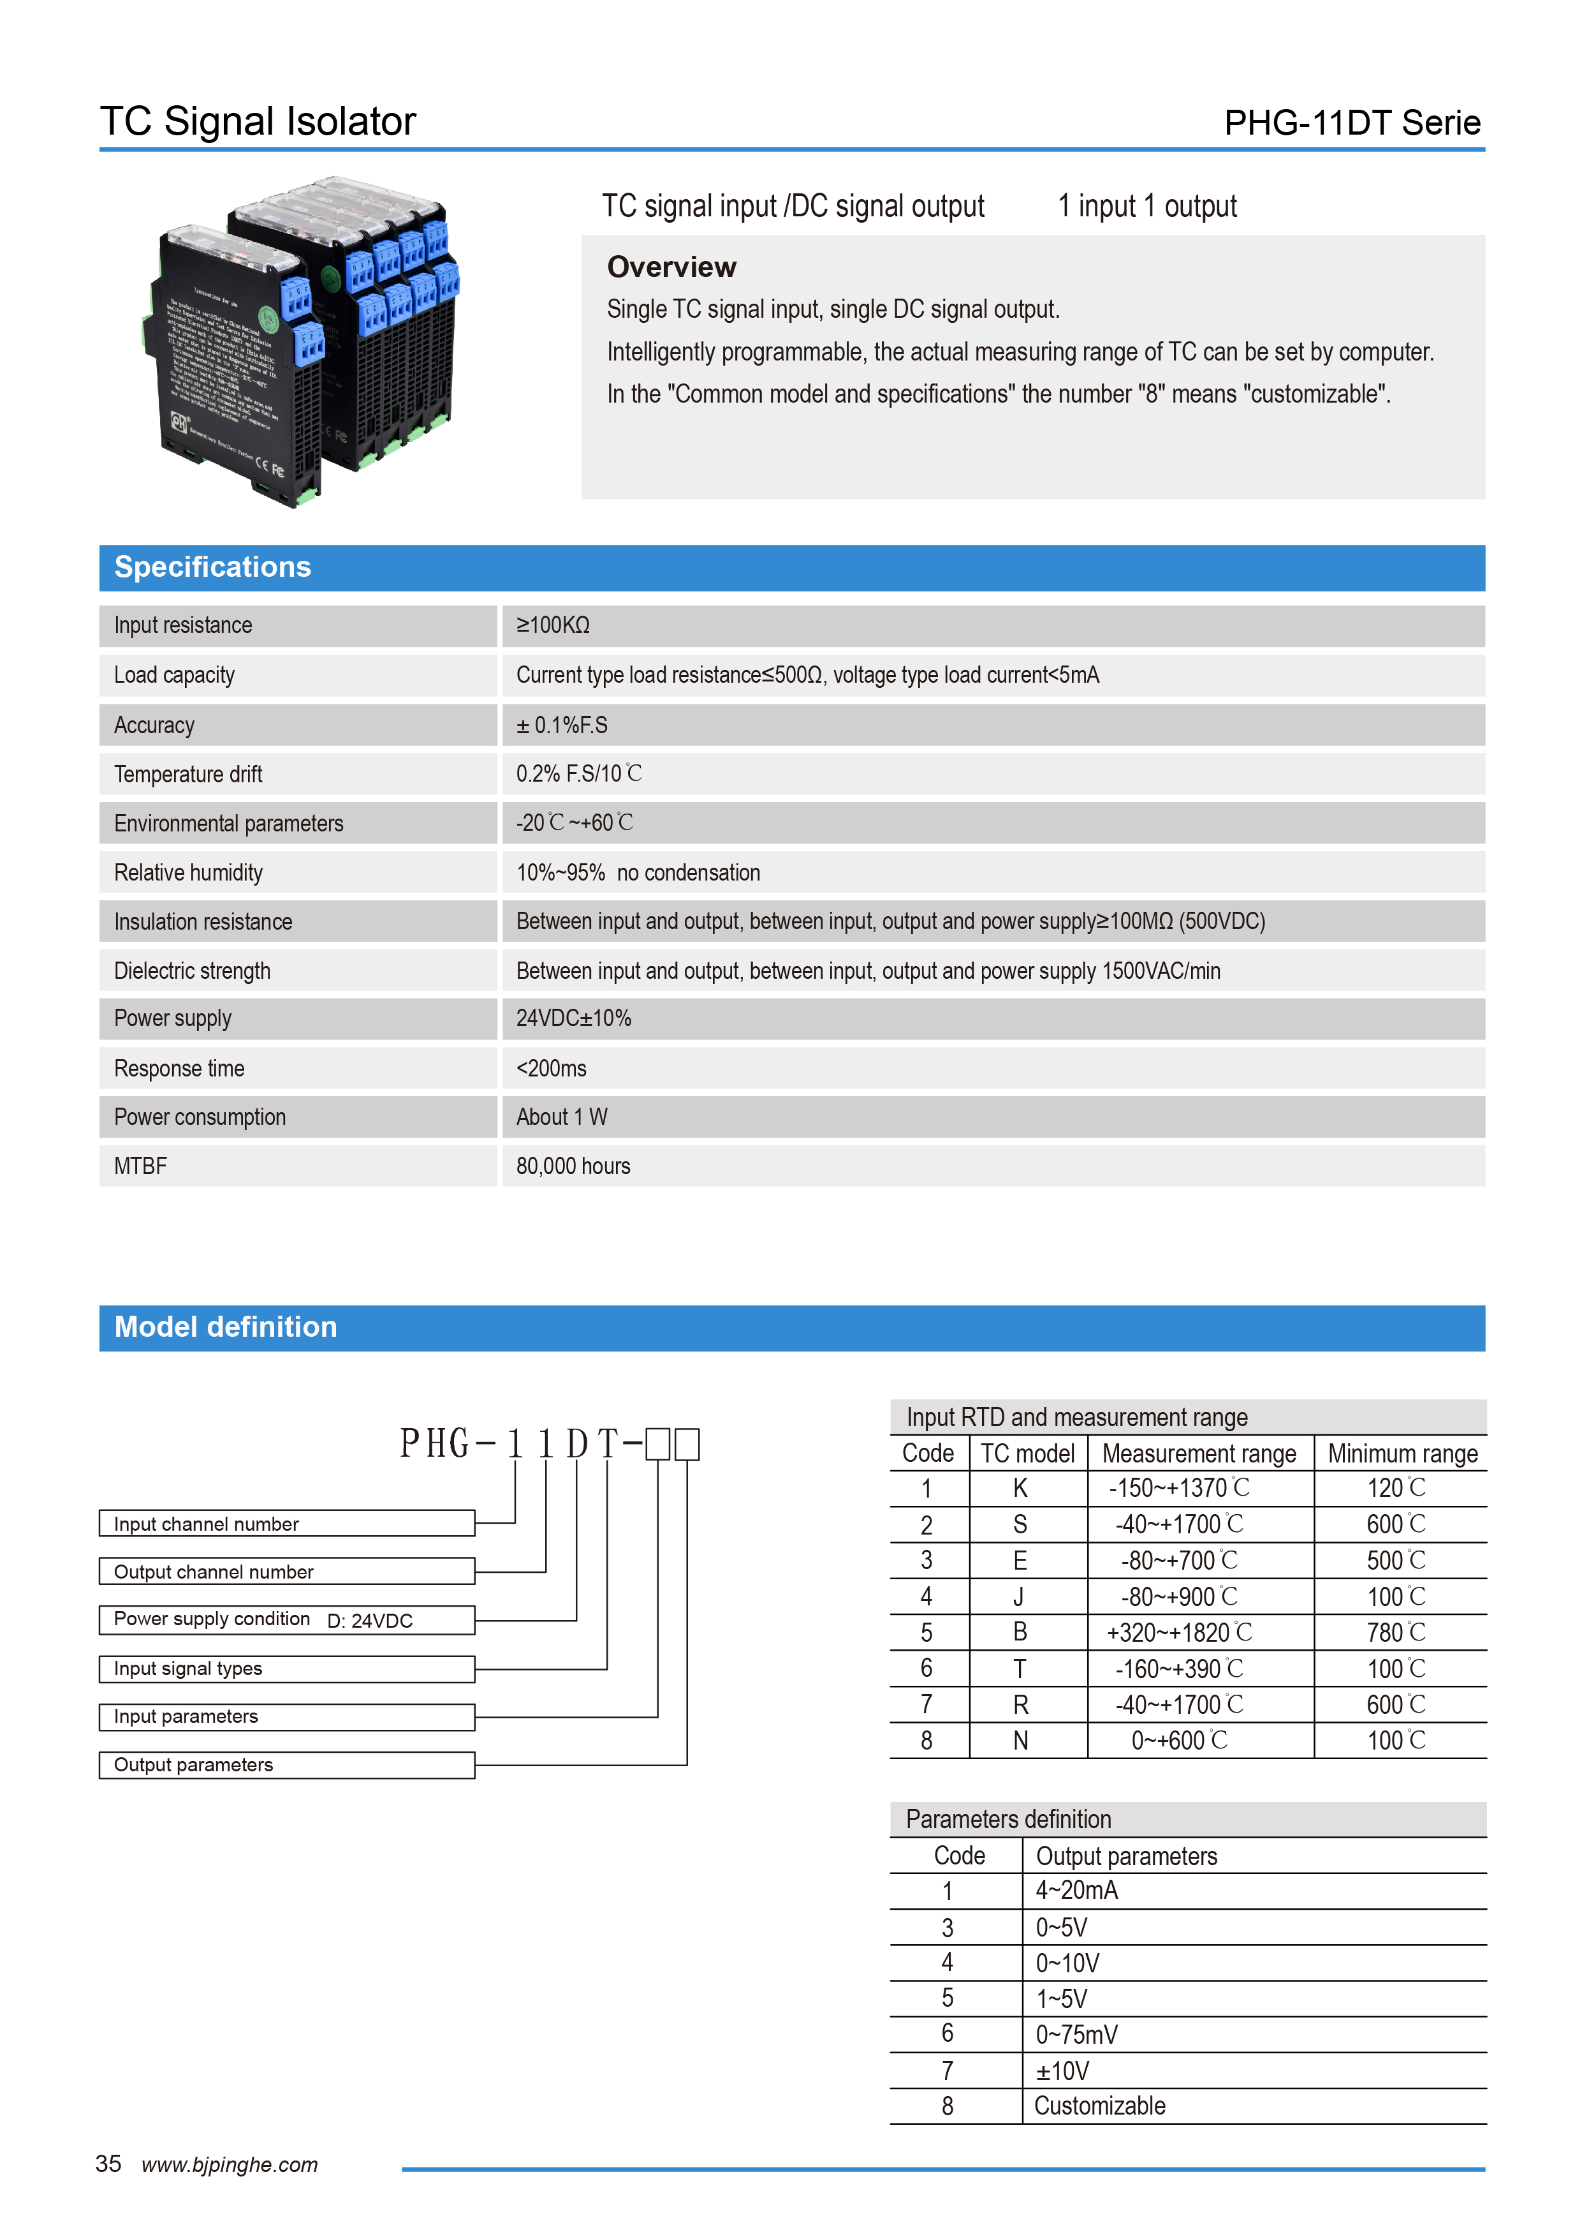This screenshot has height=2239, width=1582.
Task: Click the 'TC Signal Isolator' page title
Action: click(x=258, y=122)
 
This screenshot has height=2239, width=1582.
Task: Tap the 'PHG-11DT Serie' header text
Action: click(x=1351, y=123)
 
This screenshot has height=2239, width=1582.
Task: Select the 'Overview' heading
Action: click(x=671, y=267)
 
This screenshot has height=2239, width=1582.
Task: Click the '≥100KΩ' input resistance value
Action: click(x=553, y=626)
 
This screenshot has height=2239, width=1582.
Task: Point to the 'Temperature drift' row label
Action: click(x=188, y=774)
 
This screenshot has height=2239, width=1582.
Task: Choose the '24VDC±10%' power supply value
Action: click(x=573, y=1019)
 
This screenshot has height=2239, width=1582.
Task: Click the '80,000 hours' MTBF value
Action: click(x=573, y=1166)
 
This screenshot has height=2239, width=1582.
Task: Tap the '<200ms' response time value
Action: click(x=551, y=1069)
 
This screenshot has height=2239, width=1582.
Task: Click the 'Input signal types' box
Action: click(x=286, y=1669)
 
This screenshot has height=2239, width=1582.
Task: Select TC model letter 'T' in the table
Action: click(x=1020, y=1669)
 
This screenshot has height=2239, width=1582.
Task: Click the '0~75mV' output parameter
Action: click(x=1076, y=2035)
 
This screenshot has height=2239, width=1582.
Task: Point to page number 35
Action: click(x=108, y=2164)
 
